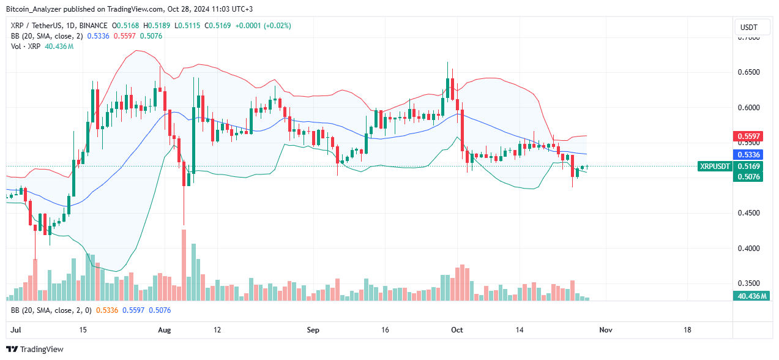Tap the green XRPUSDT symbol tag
click(x=715, y=166)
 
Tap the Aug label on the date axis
click(x=163, y=330)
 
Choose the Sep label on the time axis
click(x=313, y=330)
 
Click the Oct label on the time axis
click(x=457, y=330)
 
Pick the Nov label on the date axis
click(x=605, y=330)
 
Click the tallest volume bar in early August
click(x=184, y=265)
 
